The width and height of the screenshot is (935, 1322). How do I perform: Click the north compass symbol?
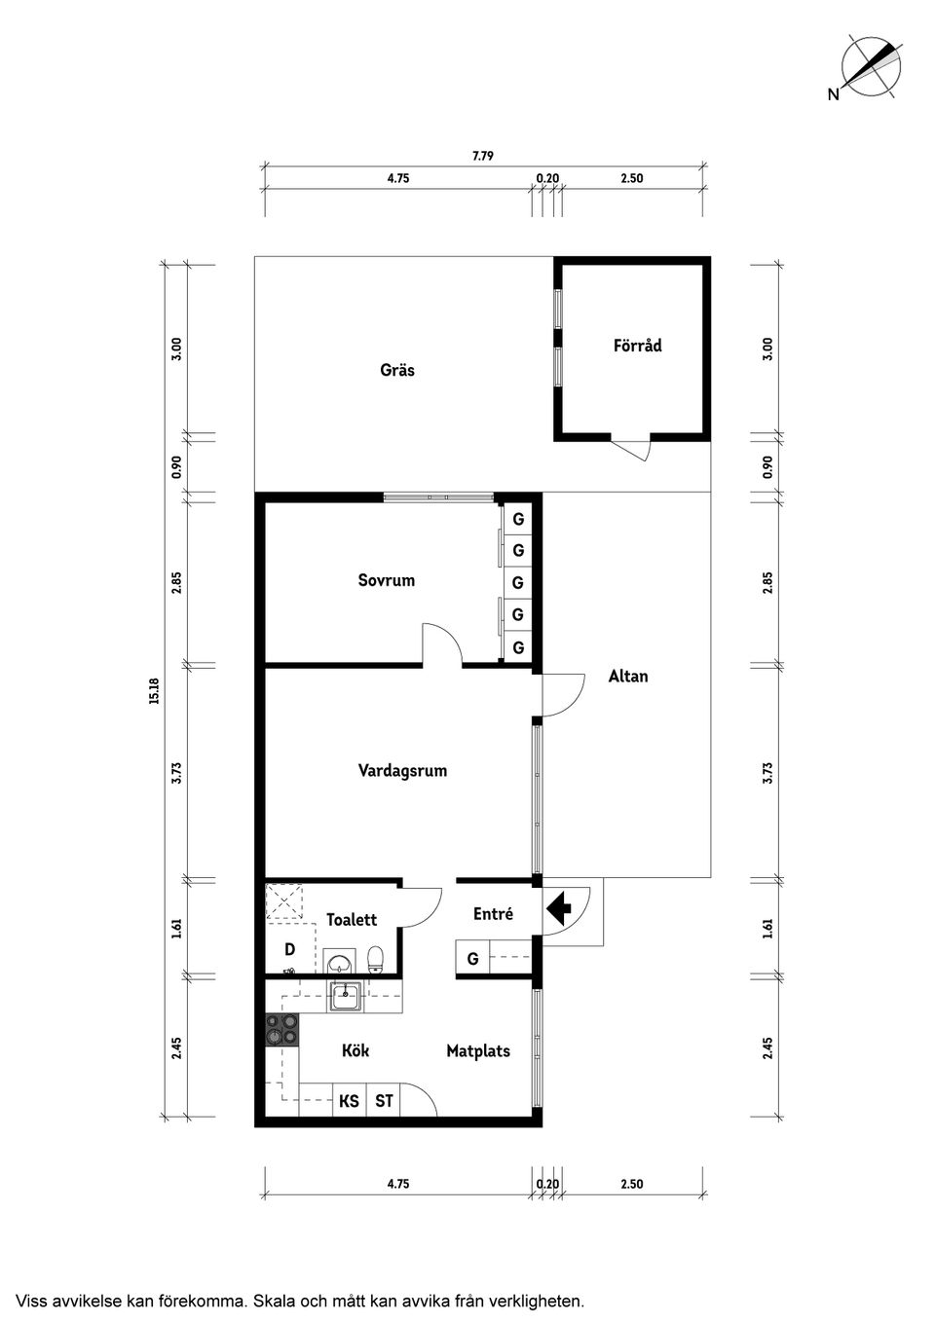(871, 66)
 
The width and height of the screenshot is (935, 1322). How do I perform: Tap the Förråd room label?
(637, 346)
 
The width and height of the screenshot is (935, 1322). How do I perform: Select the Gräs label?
(397, 370)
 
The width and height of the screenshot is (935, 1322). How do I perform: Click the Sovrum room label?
(386, 580)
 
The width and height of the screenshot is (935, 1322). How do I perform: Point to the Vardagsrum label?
(402, 771)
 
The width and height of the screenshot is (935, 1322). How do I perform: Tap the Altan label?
(627, 676)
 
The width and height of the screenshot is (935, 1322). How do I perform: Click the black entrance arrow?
(558, 909)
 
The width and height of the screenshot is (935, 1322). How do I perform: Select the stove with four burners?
(282, 1030)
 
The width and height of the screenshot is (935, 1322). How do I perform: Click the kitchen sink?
(345, 997)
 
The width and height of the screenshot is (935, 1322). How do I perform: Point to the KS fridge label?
(349, 1101)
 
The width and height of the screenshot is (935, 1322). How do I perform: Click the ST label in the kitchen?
(384, 1101)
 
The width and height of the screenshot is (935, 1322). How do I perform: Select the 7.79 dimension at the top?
(483, 156)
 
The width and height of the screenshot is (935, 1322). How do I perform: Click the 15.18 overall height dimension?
(154, 691)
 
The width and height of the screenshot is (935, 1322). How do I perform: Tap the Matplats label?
(477, 1051)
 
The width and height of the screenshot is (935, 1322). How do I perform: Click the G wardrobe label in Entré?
(472, 959)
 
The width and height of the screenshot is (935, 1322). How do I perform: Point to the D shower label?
(289, 949)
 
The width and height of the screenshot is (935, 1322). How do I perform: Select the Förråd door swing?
(633, 450)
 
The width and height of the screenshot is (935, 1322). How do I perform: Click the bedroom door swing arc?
(440, 643)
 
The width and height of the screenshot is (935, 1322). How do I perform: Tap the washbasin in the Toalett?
(338, 963)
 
